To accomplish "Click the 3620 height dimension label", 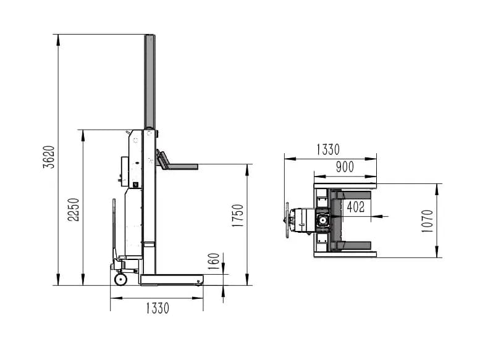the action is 49,157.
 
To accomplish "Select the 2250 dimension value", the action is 74,209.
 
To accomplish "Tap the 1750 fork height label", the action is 238,216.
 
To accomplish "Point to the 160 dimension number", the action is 214,261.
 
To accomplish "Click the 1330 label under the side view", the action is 158,308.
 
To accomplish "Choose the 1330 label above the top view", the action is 328,149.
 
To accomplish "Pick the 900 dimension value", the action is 345,167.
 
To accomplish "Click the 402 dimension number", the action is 356,207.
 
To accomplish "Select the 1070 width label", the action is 427,221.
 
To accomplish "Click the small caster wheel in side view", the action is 120,279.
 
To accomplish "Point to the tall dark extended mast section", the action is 150,82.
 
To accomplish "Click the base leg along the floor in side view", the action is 172,280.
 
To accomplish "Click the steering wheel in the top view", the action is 287,220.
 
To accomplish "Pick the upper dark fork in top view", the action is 350,195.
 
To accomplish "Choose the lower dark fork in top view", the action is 350,246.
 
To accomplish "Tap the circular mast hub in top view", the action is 323,220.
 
